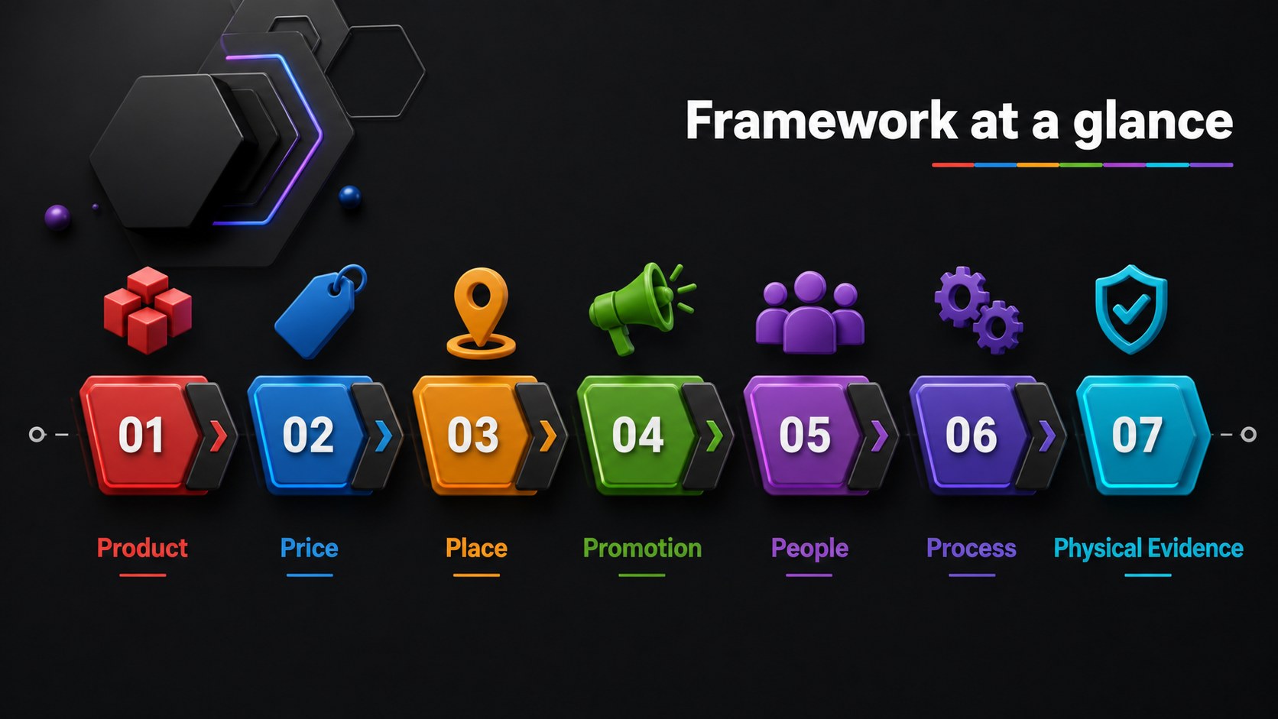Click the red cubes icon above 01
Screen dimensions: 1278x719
click(x=148, y=310)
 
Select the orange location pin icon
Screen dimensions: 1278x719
click(x=481, y=313)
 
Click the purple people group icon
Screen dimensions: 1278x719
click(x=809, y=313)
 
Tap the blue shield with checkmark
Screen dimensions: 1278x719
click(x=1130, y=309)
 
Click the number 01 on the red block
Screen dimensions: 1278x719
click(x=141, y=435)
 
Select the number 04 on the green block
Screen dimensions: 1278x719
click(x=637, y=435)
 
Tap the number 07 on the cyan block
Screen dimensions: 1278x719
click(x=1137, y=435)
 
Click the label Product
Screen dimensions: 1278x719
click(x=142, y=548)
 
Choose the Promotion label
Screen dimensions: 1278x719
click(x=642, y=548)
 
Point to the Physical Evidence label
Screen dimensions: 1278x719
click(x=1148, y=549)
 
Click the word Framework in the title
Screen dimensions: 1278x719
click(x=821, y=120)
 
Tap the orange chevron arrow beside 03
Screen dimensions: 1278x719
click(x=548, y=436)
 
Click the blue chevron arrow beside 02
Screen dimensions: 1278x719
click(x=384, y=436)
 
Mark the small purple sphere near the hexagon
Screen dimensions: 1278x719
click(x=57, y=217)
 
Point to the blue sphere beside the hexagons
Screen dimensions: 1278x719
click(x=350, y=196)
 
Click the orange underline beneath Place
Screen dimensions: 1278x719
click(x=476, y=575)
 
